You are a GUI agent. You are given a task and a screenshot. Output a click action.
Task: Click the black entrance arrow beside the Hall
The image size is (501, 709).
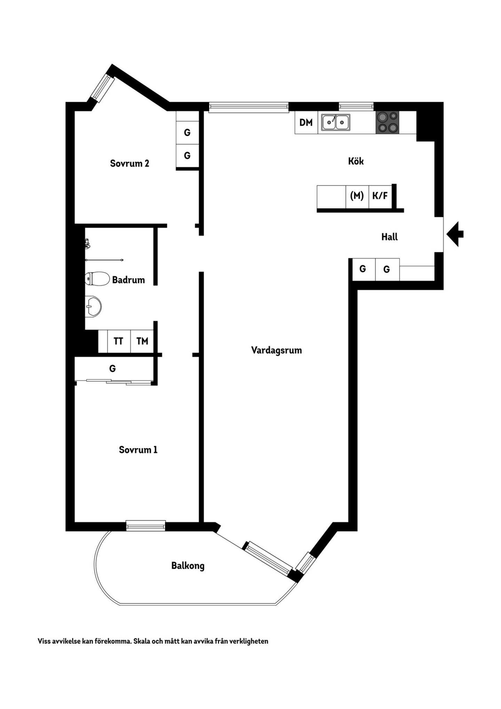(455, 234)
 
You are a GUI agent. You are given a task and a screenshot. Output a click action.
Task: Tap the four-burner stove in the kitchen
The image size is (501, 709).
(387, 122)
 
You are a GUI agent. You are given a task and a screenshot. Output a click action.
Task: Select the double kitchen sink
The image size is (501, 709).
(336, 122)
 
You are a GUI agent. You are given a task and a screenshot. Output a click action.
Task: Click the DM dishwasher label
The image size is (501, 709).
(306, 122)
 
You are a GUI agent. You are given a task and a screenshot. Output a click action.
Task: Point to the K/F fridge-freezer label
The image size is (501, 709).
(380, 196)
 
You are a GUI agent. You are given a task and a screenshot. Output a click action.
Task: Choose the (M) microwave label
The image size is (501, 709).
(357, 196)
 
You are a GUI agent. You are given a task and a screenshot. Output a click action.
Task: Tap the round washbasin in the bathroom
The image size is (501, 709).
(93, 306)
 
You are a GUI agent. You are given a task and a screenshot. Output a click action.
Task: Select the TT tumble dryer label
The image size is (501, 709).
(118, 341)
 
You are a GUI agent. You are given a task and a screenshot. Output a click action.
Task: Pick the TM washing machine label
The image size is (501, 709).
(142, 341)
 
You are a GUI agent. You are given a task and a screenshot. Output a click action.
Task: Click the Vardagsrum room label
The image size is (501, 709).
(277, 350)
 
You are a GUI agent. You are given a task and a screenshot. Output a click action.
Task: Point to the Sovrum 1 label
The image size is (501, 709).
(138, 450)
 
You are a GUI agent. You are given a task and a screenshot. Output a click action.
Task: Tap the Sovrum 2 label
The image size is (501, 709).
(129, 163)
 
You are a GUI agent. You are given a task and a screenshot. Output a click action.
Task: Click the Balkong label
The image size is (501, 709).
(188, 566)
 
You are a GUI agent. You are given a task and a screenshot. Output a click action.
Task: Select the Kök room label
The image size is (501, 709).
(356, 161)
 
